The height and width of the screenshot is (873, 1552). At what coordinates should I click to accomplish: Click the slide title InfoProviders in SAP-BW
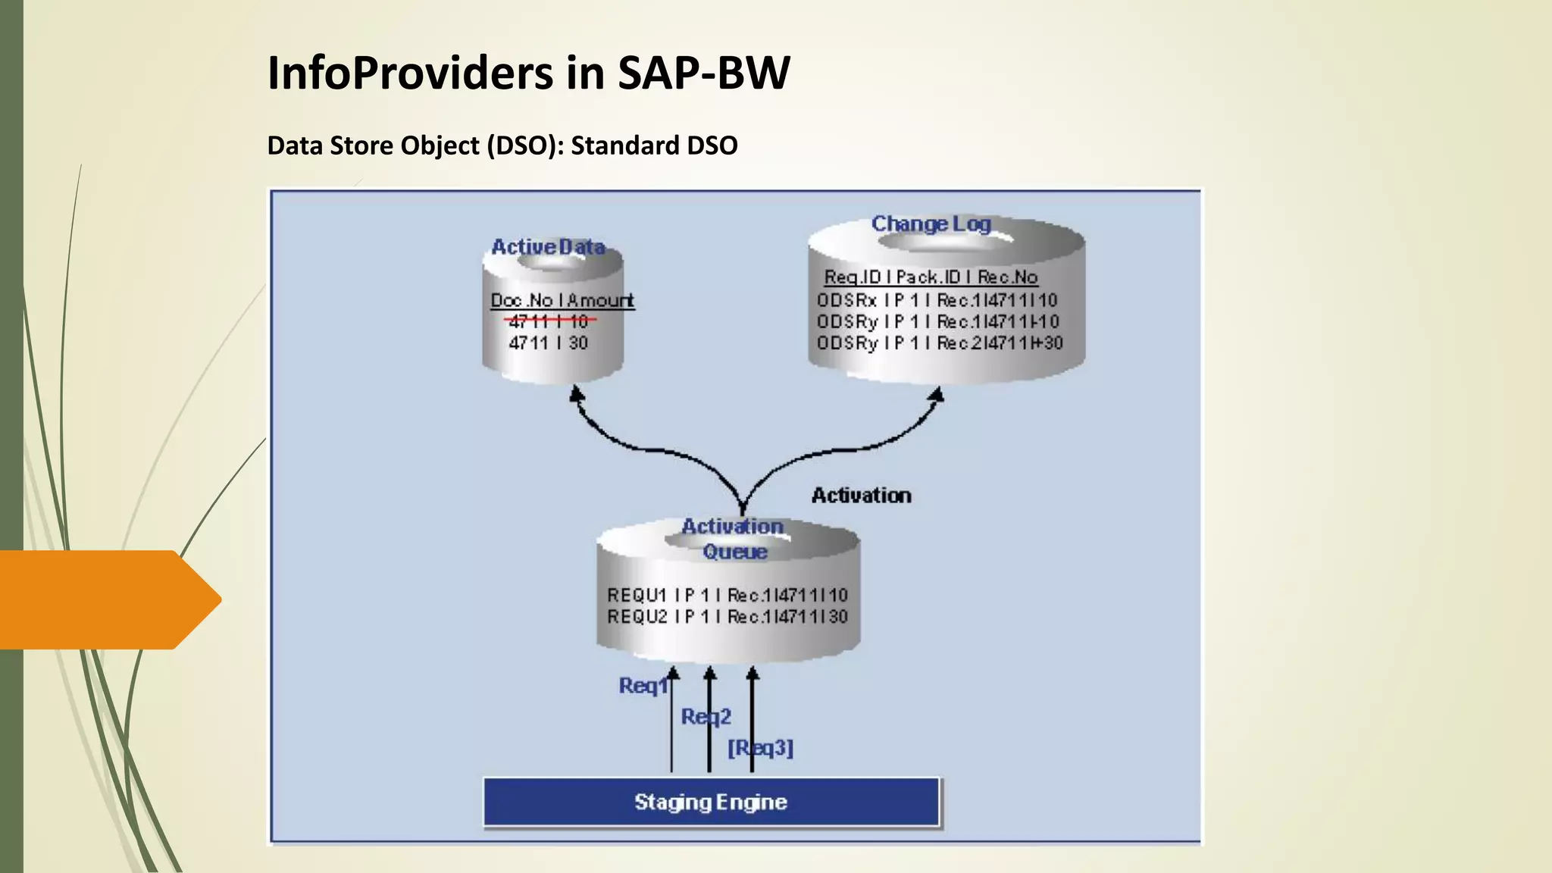click(528, 74)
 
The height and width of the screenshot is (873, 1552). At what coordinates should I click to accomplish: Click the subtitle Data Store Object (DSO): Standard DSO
click(502, 145)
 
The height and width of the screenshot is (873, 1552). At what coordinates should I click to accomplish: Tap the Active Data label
click(548, 247)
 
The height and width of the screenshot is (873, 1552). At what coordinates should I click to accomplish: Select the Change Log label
click(931, 224)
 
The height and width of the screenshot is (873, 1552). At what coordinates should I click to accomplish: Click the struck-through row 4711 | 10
click(549, 321)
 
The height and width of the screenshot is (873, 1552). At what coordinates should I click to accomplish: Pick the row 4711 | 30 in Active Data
click(549, 343)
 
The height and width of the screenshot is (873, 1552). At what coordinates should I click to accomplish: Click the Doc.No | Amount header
click(562, 301)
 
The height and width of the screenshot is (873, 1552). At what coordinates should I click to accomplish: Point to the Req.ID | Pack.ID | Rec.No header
click(931, 277)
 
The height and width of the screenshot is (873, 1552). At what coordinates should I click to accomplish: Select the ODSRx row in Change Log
click(937, 300)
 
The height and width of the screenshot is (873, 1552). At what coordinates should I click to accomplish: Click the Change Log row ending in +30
click(940, 343)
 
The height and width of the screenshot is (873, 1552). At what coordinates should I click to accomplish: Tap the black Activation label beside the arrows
click(861, 496)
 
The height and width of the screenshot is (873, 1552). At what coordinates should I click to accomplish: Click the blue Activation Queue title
click(733, 539)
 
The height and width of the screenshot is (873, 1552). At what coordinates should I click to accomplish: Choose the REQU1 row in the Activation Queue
click(727, 596)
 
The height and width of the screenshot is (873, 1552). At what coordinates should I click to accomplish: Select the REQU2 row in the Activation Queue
click(727, 617)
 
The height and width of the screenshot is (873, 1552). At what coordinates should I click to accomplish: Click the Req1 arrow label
click(642, 686)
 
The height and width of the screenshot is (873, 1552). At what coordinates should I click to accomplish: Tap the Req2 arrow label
click(706, 717)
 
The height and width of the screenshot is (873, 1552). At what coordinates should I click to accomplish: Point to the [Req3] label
click(760, 749)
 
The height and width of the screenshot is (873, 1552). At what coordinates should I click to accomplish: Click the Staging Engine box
click(711, 802)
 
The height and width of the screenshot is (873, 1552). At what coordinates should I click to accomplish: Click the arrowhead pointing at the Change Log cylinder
click(937, 395)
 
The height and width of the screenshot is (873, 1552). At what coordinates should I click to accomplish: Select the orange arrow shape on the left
click(106, 599)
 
